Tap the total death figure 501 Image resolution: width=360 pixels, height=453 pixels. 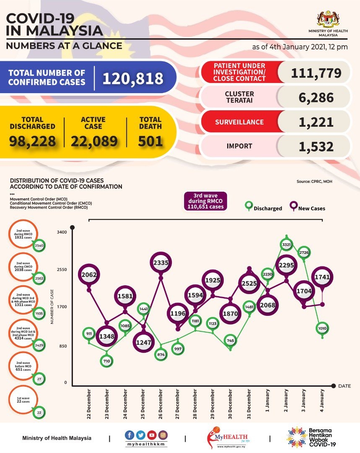150,141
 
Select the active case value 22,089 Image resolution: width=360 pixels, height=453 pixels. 94,141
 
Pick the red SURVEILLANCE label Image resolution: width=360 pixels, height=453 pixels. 239,122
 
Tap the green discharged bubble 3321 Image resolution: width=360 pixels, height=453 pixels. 287,244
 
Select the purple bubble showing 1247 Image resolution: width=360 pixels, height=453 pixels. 143,342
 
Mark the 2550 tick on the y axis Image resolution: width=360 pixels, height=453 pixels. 62,269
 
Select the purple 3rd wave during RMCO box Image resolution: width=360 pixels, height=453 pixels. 205,201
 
